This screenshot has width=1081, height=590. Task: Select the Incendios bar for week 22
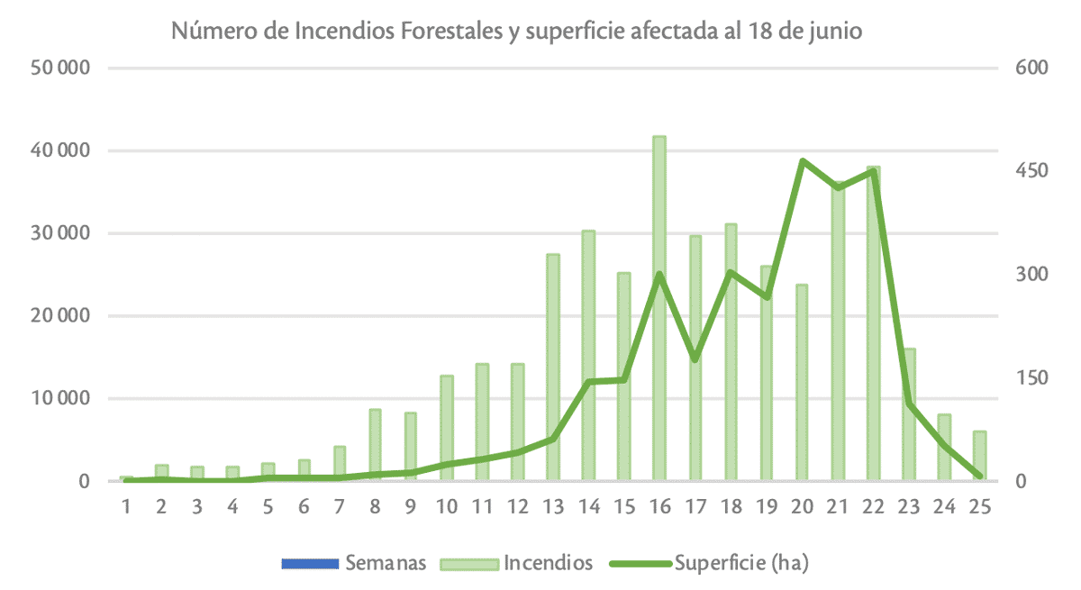pyautogui.click(x=873, y=324)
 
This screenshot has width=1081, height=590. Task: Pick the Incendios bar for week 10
pyautogui.click(x=446, y=428)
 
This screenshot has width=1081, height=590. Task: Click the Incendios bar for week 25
pyautogui.click(x=979, y=456)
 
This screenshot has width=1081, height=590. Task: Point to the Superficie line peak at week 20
pyautogui.click(x=802, y=161)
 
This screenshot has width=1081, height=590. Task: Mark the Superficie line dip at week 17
pyautogui.click(x=695, y=359)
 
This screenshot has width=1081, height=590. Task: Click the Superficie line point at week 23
pyautogui.click(x=909, y=404)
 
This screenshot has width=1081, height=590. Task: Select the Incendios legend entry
pyautogui.click(x=548, y=564)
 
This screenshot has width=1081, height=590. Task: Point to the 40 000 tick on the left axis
pyautogui.click(x=62, y=151)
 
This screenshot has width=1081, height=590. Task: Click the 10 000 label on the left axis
pyautogui.click(x=62, y=399)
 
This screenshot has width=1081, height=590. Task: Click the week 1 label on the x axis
pyautogui.click(x=126, y=506)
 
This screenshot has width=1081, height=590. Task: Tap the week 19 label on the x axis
pyautogui.click(x=766, y=506)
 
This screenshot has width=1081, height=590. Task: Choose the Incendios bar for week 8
pyautogui.click(x=375, y=445)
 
